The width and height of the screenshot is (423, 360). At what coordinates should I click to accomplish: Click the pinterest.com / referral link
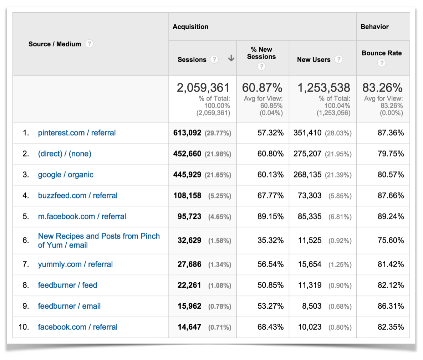(x=77, y=133)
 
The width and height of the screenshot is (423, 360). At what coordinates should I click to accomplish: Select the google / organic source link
(x=66, y=175)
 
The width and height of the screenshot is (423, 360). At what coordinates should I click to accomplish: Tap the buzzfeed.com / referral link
(x=77, y=196)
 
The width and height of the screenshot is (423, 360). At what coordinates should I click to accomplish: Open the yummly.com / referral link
(x=75, y=264)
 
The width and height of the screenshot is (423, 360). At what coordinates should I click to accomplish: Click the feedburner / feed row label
(x=67, y=285)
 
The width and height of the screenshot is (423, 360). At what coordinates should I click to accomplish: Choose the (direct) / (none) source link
(x=65, y=154)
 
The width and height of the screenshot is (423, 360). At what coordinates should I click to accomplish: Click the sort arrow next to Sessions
(x=231, y=58)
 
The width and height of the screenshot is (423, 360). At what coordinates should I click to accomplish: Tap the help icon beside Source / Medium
(x=89, y=44)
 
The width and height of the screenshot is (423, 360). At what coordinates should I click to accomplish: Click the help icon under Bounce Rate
(x=382, y=63)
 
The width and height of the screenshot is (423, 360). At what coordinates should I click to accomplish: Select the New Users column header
(x=314, y=60)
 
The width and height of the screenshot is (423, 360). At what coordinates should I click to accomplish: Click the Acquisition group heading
(x=190, y=27)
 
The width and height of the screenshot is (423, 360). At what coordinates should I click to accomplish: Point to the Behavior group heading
(x=374, y=27)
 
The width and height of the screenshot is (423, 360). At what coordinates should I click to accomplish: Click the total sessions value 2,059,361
(x=203, y=88)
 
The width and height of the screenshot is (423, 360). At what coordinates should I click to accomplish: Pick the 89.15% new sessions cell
(x=270, y=216)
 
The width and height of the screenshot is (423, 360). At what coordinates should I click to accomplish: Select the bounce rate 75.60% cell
(x=391, y=241)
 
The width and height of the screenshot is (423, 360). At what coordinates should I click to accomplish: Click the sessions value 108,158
(x=189, y=196)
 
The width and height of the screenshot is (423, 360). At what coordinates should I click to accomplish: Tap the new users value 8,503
(x=312, y=306)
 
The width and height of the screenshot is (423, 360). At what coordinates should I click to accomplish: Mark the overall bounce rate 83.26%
(x=382, y=88)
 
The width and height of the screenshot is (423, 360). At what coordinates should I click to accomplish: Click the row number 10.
(x=24, y=327)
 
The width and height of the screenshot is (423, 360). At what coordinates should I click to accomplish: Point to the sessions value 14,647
(x=189, y=327)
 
